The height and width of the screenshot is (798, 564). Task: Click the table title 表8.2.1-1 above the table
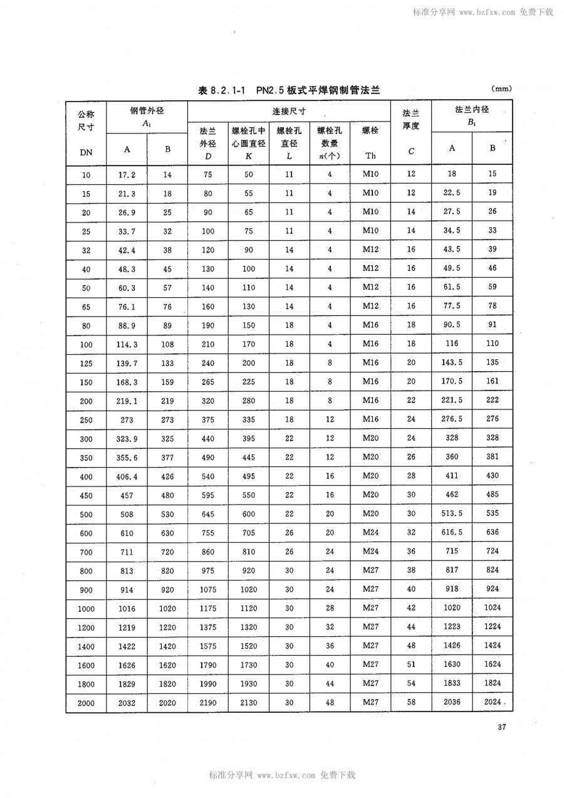click(289, 90)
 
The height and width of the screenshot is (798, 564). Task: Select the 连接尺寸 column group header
click(289, 110)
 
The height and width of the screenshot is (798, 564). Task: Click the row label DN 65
click(86, 308)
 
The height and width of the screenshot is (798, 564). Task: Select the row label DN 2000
click(86, 703)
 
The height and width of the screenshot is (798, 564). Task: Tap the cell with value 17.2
click(127, 175)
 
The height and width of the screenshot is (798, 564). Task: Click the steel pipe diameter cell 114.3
click(127, 344)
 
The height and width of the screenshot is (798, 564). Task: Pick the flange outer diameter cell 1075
click(207, 589)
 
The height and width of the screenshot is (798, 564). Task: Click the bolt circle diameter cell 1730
click(248, 664)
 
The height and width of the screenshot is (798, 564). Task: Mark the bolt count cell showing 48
click(330, 703)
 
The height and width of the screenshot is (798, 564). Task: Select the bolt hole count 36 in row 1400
click(330, 646)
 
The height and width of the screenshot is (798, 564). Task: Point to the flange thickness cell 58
click(411, 703)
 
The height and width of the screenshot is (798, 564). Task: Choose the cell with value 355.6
click(127, 458)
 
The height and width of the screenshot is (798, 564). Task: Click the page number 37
click(501, 727)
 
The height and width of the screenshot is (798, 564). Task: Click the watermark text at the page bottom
click(282, 775)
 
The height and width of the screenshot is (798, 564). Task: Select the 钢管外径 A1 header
click(147, 117)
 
